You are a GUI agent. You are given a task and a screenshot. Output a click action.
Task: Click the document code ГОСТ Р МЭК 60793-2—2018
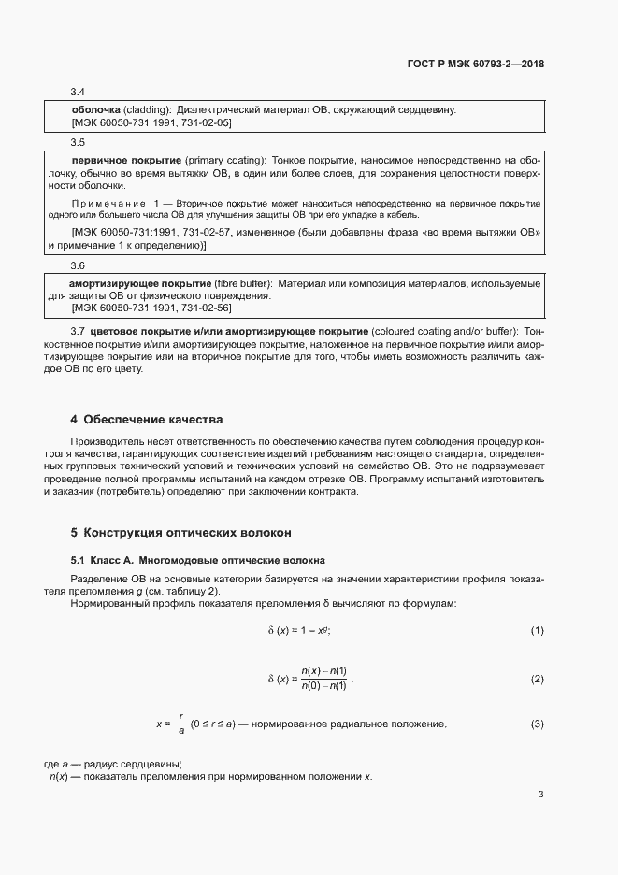pos(476,65)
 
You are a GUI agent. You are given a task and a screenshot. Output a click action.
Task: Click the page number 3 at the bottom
pos(540,796)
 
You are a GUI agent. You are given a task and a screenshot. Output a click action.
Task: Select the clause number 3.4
pos(79,93)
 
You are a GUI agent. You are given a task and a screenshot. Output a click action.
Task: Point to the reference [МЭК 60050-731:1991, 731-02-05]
pos(151,122)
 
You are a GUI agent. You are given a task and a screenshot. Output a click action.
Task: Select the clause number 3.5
pos(79,142)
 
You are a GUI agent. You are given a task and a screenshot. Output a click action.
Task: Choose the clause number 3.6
pos(79,265)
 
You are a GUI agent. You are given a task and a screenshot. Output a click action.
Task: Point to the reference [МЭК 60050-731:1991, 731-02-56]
pos(151,308)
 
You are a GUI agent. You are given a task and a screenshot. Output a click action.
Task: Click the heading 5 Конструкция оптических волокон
pos(181,533)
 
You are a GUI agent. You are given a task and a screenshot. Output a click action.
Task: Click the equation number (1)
pos(537,631)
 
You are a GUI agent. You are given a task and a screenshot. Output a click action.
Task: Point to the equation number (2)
pos(537,679)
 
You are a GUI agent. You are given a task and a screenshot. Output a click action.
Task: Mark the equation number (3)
pos(537,724)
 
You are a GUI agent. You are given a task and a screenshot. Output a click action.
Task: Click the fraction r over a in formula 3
pos(180,724)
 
